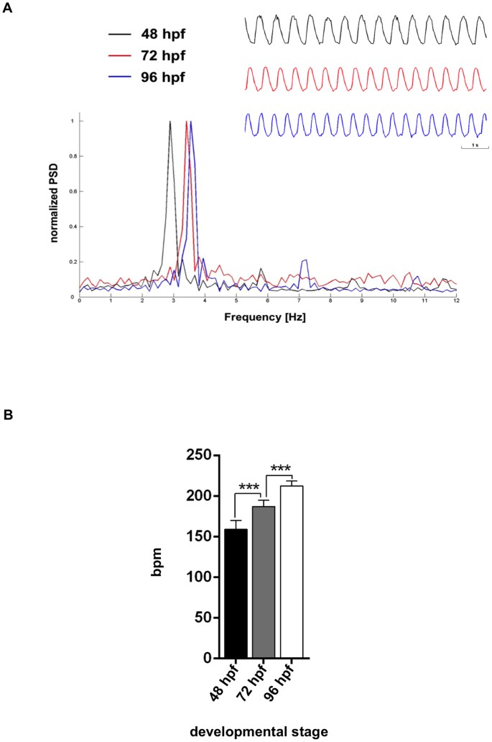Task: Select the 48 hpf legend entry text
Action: (162, 33)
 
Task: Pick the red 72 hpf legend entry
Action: (162, 55)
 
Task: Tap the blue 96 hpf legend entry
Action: (162, 76)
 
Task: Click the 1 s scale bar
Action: (474, 146)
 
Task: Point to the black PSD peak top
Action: (170, 122)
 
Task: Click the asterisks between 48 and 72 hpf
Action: (249, 488)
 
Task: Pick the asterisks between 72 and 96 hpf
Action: (281, 470)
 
